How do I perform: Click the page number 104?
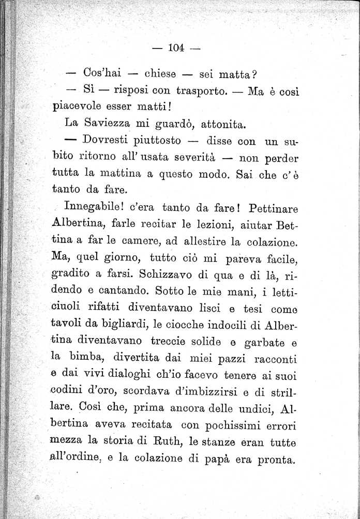[x=176, y=49]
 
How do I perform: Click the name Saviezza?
[x=112, y=125]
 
